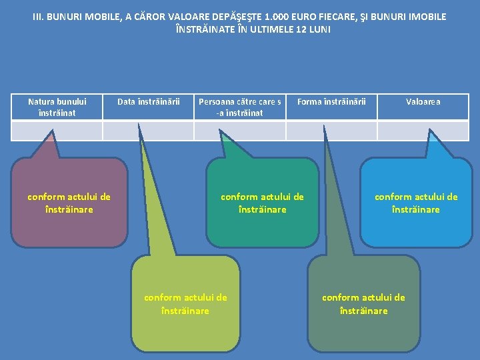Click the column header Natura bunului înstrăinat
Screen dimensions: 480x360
tap(57, 107)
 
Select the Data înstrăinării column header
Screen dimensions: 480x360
tap(149, 102)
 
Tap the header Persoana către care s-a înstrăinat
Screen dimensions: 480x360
tap(240, 107)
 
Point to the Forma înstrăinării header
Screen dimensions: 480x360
tap(331, 102)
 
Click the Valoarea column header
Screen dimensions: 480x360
tap(423, 102)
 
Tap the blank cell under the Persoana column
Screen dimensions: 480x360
tap(240, 131)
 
